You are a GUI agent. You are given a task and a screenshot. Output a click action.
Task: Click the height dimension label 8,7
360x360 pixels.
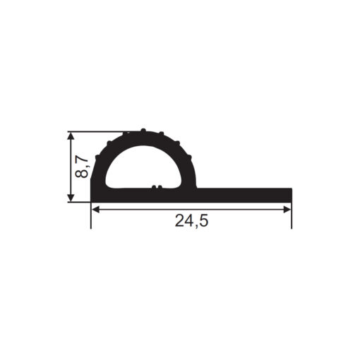82,167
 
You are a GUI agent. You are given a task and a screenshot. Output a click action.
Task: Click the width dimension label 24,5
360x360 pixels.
191,221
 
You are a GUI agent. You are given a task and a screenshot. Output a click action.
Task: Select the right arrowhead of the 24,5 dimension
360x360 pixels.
287,210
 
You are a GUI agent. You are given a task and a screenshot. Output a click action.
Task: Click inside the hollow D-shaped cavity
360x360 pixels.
143,168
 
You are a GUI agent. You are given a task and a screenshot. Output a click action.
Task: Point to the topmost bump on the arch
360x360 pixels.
143,130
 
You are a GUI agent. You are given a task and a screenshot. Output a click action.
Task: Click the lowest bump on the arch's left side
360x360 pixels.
97,157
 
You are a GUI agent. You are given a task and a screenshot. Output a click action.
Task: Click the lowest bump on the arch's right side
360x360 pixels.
190,157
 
